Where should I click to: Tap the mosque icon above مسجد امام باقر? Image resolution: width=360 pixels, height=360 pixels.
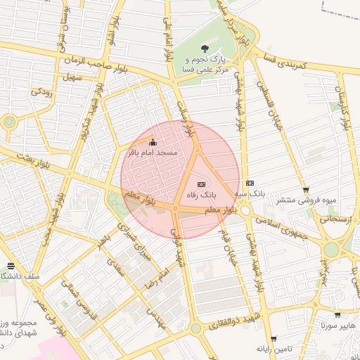153,143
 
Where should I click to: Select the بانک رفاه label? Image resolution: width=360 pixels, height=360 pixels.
202,193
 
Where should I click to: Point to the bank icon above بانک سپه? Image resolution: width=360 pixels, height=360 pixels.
250,183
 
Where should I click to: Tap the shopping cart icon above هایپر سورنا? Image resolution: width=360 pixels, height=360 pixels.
337,316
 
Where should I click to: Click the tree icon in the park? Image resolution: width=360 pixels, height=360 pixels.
205,48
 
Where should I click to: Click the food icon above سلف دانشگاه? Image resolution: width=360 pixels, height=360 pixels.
10,266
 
